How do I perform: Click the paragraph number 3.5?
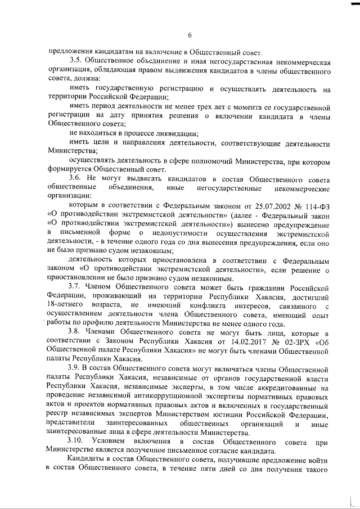coord(76,61)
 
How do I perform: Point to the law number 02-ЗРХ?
coord(283,341)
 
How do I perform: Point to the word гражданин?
coord(251,287)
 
